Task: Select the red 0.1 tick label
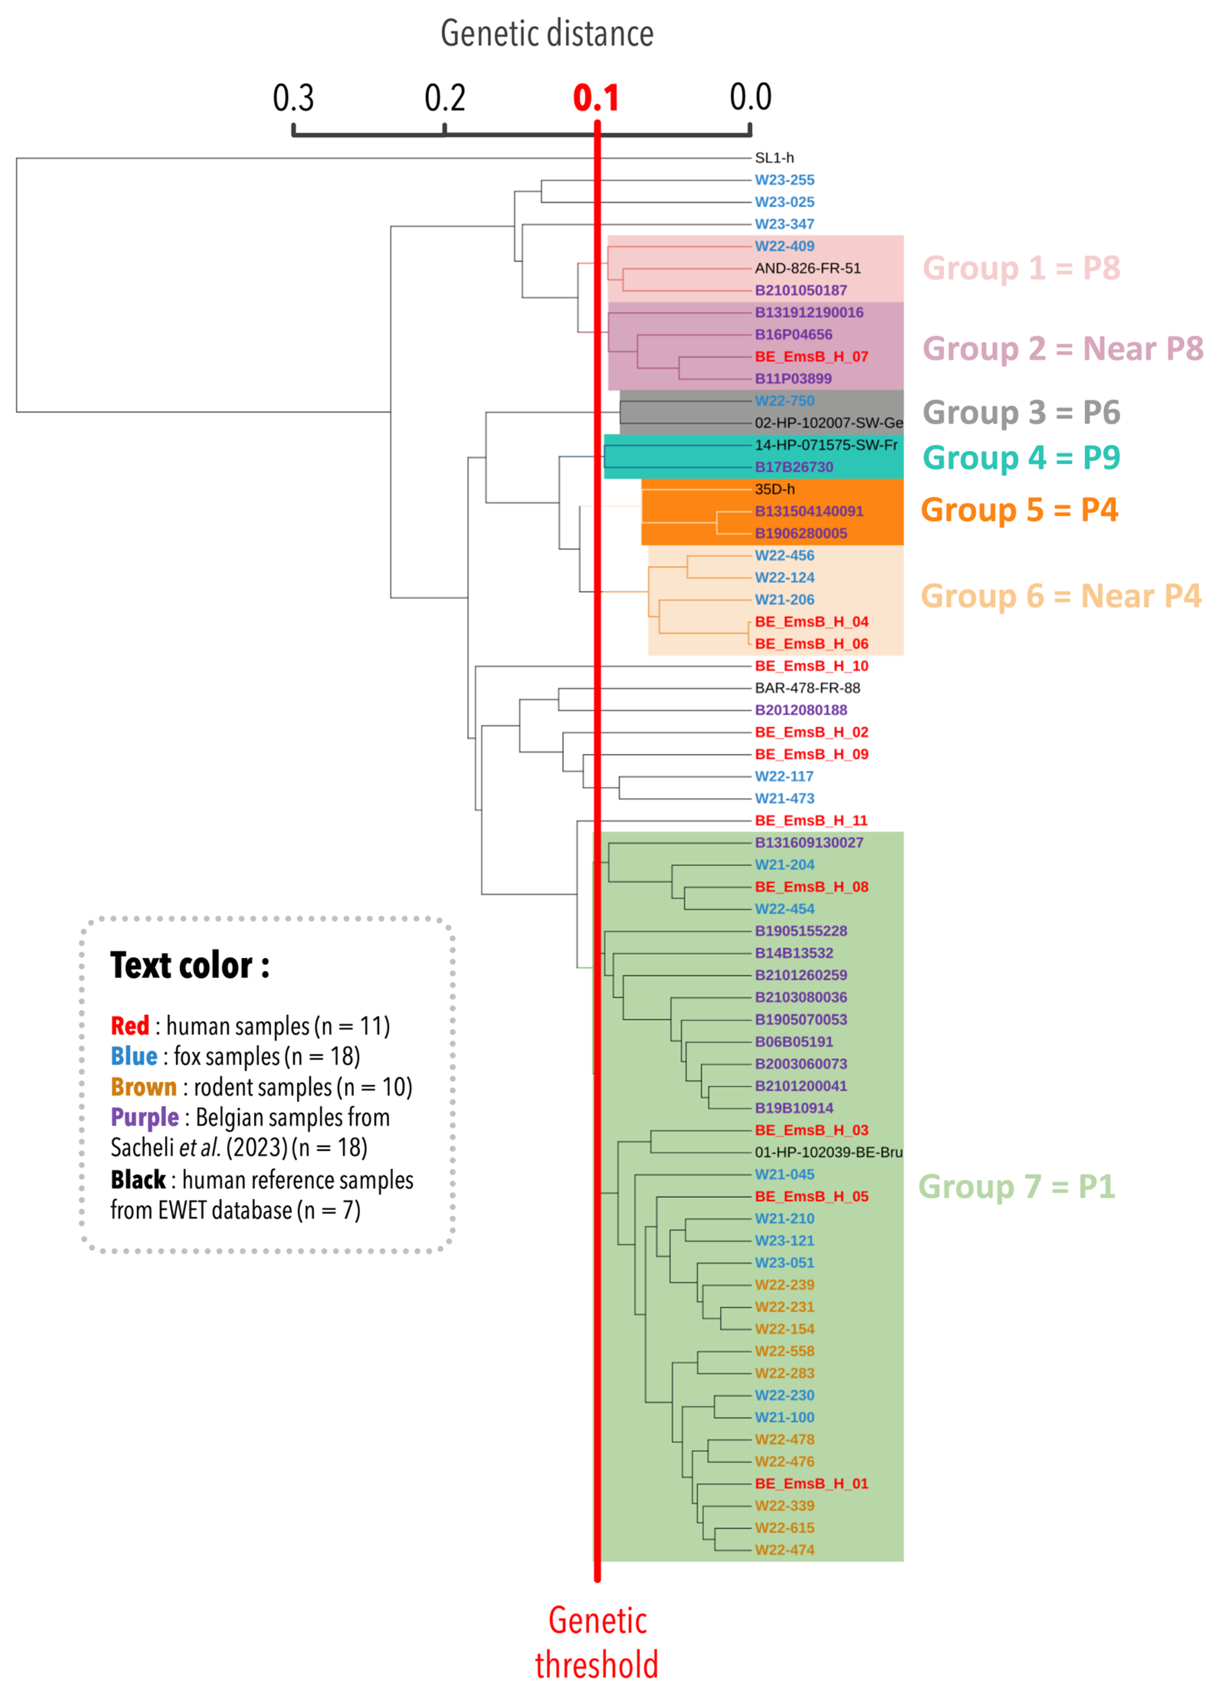[596, 98]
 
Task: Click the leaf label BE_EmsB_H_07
[811, 356]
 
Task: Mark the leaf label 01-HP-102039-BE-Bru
[829, 1153]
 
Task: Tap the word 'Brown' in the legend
[143, 1087]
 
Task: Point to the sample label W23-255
[785, 180]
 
